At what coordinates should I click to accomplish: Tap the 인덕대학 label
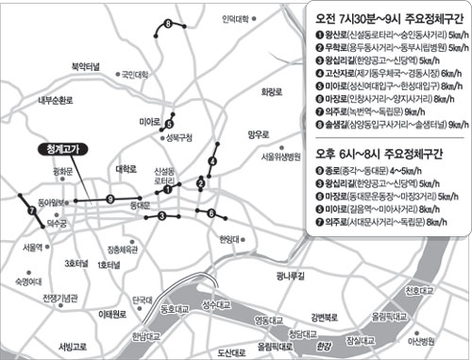(x=234, y=18)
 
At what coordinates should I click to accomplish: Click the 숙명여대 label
(x=28, y=281)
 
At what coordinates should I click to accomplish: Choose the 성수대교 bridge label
(x=220, y=302)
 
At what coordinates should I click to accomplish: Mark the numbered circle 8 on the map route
(x=168, y=23)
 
